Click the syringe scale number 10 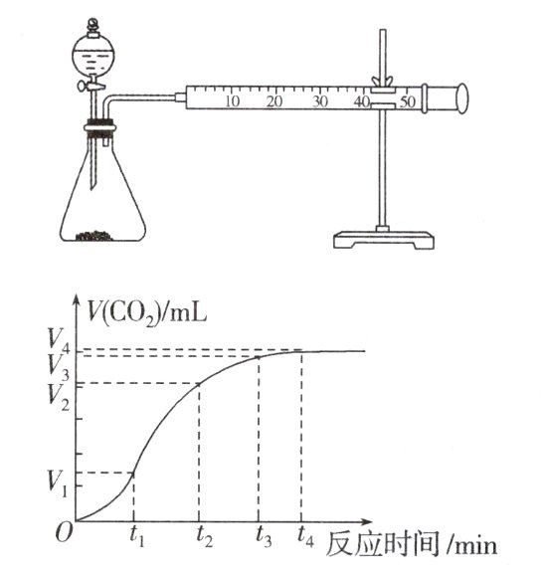click(232, 101)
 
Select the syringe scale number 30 click(320, 101)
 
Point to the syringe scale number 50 click(406, 101)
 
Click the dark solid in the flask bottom click(99, 237)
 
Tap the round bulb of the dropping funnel click(91, 56)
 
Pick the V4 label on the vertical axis click(58, 347)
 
